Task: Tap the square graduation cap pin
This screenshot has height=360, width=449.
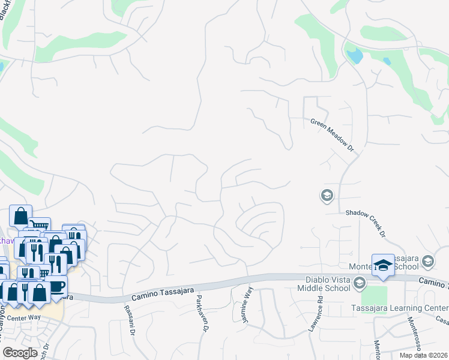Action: tap(383, 265)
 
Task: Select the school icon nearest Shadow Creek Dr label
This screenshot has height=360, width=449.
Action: tap(327, 196)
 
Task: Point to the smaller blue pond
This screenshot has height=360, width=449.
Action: tap(387, 61)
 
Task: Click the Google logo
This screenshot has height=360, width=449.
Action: tap(20, 353)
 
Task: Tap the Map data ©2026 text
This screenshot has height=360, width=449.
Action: tap(424, 355)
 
